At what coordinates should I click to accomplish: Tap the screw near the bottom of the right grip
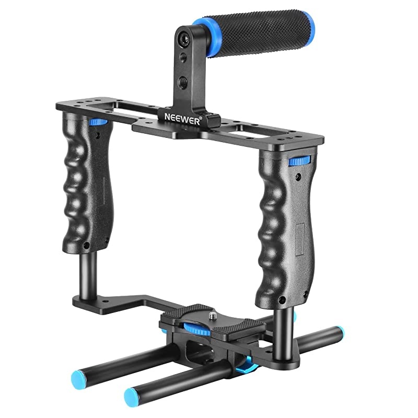[x=283, y=301]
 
